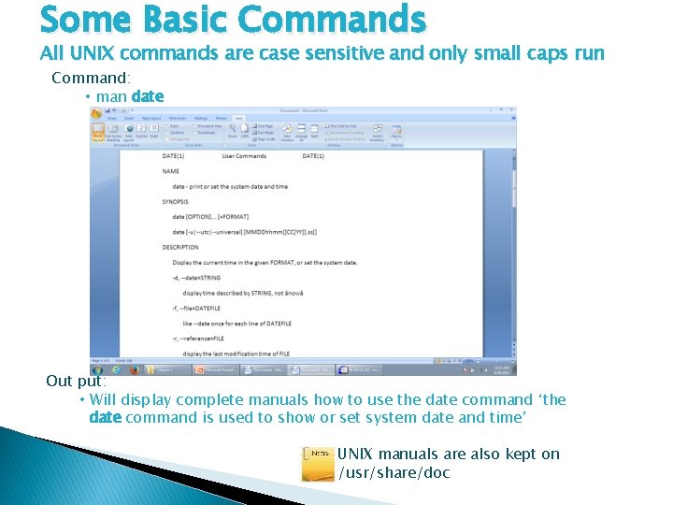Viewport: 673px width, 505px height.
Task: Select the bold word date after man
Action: pyautogui.click(x=148, y=95)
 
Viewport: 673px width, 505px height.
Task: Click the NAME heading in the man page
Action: pyautogui.click(x=170, y=171)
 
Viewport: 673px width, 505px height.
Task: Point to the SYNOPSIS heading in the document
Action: pyautogui.click(x=175, y=201)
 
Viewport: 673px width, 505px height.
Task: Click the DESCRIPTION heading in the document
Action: pyautogui.click(x=180, y=247)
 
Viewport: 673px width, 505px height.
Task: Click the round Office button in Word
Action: pyautogui.click(x=96, y=113)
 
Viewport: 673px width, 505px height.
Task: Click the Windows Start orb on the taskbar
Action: pyautogui.click(x=96, y=369)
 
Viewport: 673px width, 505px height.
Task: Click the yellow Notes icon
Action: pyautogui.click(x=318, y=464)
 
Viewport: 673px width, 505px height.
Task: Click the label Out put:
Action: pyautogui.click(x=77, y=382)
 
